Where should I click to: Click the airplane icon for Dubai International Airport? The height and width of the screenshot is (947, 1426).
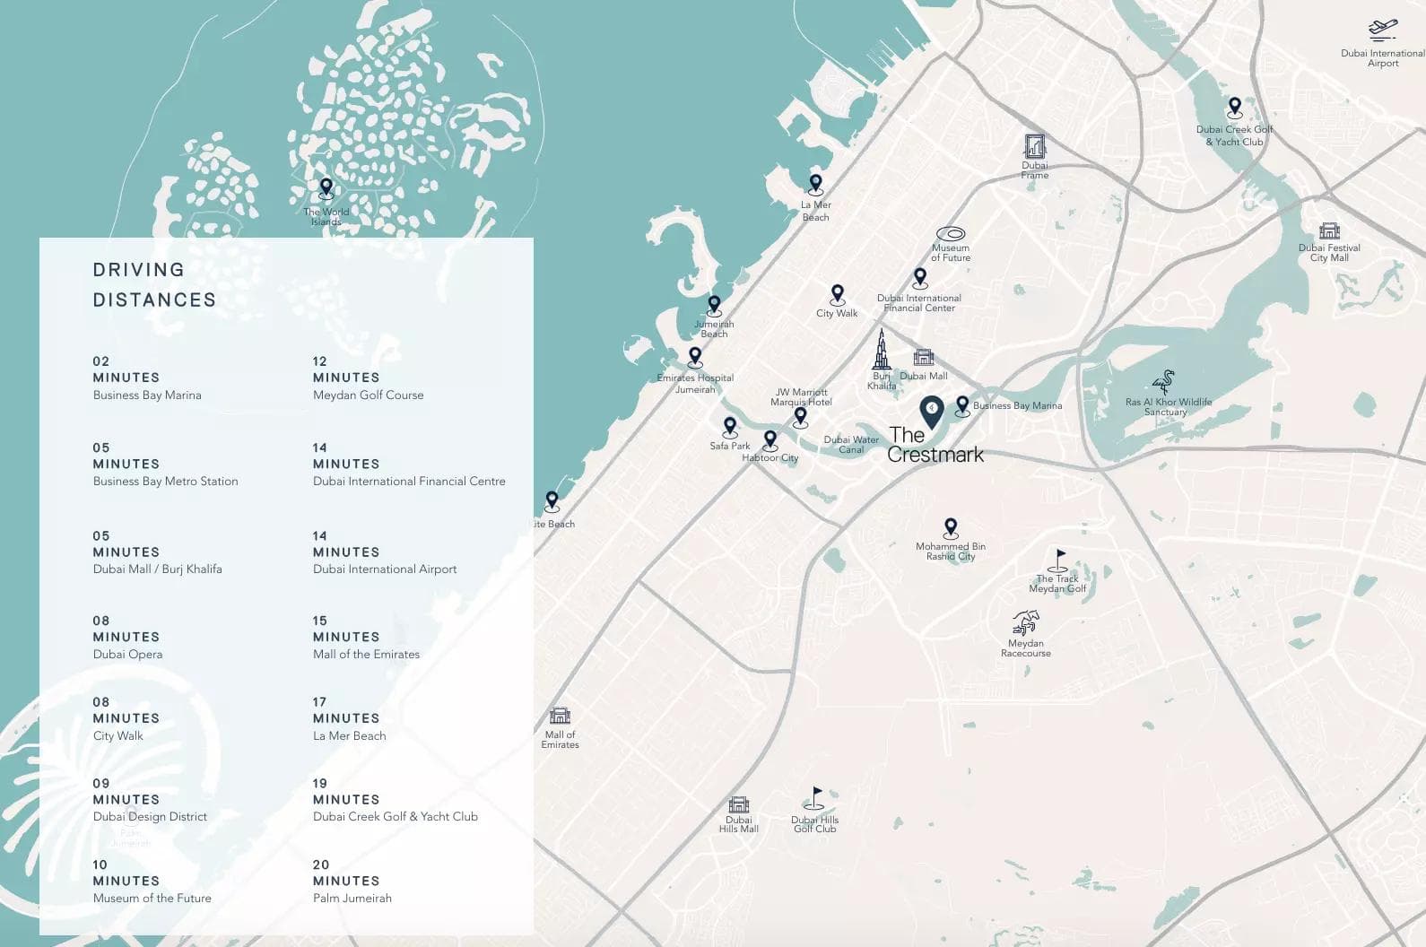coord(1382,30)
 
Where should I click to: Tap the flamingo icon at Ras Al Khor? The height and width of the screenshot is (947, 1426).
coord(1164,383)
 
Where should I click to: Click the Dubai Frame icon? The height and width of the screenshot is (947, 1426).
coord(1034,146)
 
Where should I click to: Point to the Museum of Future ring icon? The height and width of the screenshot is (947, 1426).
coord(950,234)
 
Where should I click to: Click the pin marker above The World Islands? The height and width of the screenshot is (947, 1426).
coord(326,188)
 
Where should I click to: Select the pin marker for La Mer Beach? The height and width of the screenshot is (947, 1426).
coord(815,185)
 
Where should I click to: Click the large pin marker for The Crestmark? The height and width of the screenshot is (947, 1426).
coord(932,413)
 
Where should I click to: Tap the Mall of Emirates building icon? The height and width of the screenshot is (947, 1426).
coord(560,716)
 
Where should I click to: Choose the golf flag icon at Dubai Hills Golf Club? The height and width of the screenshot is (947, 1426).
coord(814,798)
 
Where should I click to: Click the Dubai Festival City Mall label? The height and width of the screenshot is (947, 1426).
coord(1329,253)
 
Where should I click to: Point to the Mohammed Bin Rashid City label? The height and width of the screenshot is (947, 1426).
coord(951,552)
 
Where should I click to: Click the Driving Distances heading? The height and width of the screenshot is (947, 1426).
coord(154,284)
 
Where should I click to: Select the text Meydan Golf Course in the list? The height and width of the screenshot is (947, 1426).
coord(368,395)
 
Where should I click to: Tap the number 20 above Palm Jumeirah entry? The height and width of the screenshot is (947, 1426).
coord(321,865)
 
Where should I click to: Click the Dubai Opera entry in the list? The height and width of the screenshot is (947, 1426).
coord(128,655)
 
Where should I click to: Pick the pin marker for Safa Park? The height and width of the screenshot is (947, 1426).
coord(730,427)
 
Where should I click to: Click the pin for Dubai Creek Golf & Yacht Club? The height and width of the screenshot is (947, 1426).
coord(1235,108)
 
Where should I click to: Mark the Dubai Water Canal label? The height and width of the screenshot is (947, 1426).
coord(851,444)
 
